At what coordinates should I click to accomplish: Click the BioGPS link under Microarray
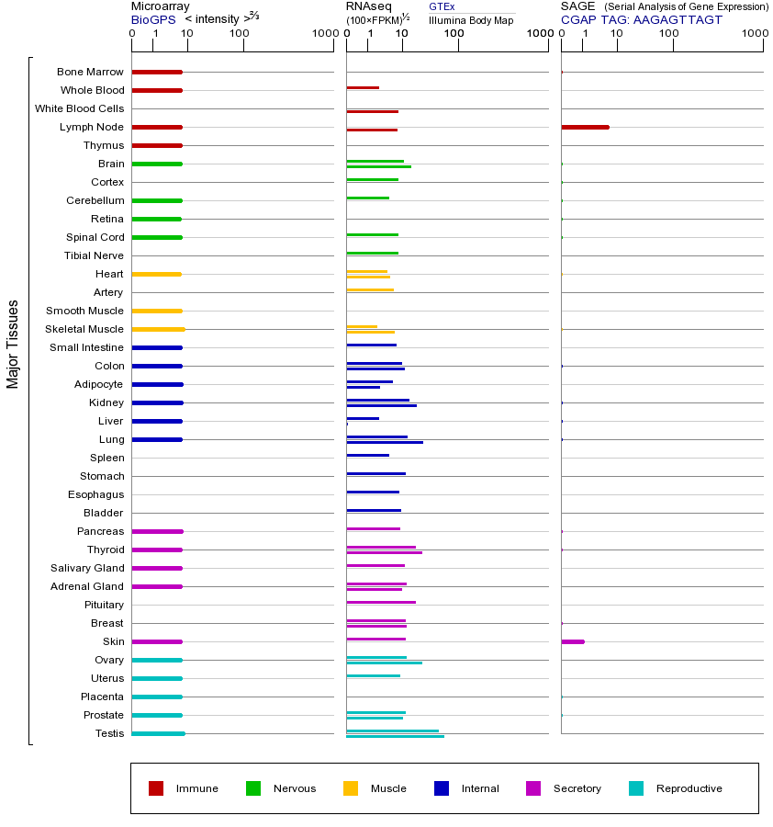(x=151, y=19)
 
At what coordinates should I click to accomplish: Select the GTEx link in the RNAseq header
(x=442, y=6)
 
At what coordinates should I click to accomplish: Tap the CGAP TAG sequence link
(x=642, y=19)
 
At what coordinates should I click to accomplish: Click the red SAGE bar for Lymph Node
(x=585, y=127)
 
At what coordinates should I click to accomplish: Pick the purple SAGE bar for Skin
(x=573, y=641)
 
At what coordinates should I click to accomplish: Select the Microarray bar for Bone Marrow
(x=157, y=72)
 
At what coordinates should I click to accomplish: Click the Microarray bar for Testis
(x=158, y=733)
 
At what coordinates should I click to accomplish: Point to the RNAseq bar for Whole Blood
(x=363, y=88)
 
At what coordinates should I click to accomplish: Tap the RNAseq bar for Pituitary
(x=381, y=602)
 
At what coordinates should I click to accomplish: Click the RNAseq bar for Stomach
(x=375, y=473)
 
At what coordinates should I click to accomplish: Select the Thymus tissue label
(x=104, y=145)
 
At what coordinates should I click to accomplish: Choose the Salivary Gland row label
(x=87, y=568)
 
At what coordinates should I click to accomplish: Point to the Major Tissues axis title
(x=13, y=344)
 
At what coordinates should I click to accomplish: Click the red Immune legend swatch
(x=156, y=788)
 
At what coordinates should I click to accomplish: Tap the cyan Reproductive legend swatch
(x=636, y=788)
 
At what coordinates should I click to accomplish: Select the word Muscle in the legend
(x=388, y=788)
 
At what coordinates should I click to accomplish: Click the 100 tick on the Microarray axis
(x=240, y=34)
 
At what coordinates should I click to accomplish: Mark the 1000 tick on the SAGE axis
(x=755, y=34)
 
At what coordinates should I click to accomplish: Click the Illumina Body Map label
(x=471, y=19)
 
